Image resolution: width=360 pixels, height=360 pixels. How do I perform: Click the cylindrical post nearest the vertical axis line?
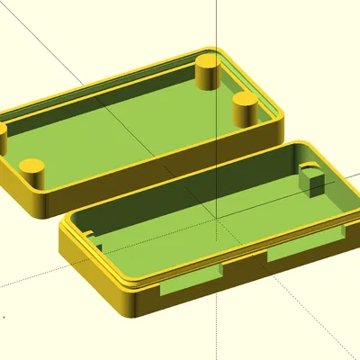[208, 72]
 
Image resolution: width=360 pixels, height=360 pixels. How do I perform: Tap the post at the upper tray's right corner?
[245, 108]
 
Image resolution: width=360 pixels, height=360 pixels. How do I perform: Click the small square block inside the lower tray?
[312, 184]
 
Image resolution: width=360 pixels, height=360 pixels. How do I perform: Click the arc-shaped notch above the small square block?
[309, 169]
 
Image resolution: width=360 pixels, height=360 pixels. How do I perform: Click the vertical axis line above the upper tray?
[215, 22]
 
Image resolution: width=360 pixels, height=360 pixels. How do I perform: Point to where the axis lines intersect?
[215, 217]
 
